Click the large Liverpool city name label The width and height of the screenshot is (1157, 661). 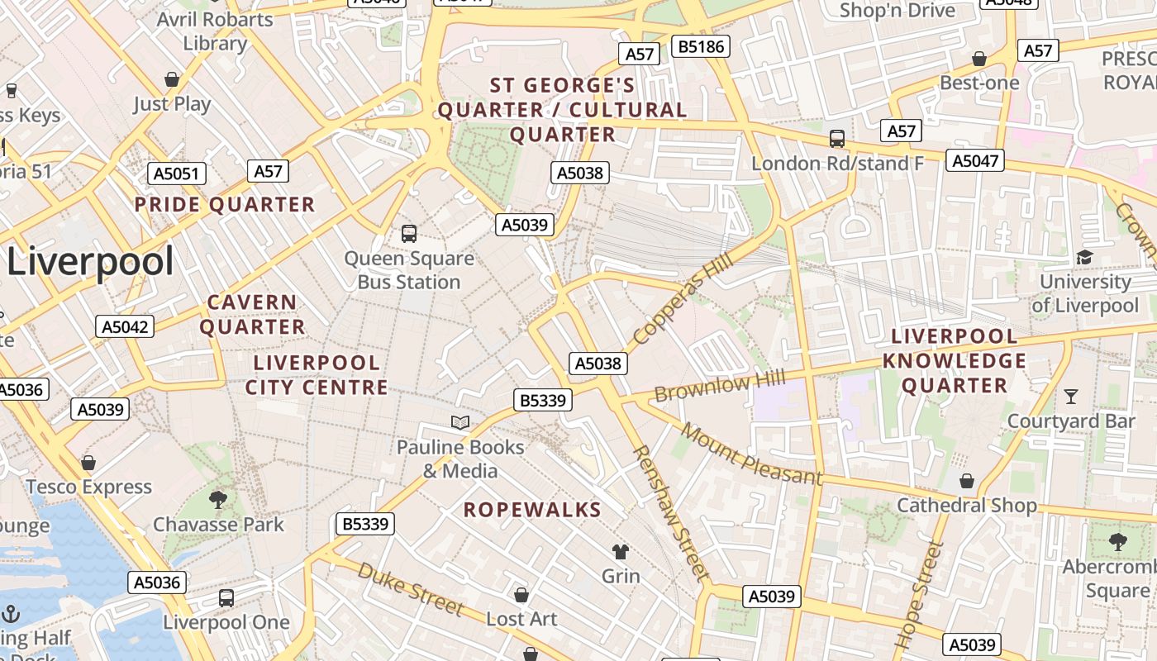pyautogui.click(x=90, y=262)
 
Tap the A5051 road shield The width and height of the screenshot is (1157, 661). pyautogui.click(x=177, y=174)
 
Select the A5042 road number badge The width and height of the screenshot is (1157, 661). pyautogui.click(x=125, y=326)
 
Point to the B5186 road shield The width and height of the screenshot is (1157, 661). pyautogui.click(x=701, y=47)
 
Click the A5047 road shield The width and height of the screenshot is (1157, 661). pyautogui.click(x=975, y=160)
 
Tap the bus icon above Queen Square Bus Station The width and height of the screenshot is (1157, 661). pyautogui.click(x=409, y=234)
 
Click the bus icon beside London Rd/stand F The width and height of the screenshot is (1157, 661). pyautogui.click(x=837, y=139)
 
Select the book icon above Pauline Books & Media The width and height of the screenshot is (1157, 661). pyautogui.click(x=460, y=423)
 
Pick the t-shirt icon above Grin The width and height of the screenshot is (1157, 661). pyautogui.click(x=620, y=552)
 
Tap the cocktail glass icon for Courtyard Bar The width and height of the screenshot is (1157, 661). pyautogui.click(x=1071, y=397)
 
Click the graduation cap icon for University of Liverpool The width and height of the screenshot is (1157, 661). pyautogui.click(x=1084, y=258)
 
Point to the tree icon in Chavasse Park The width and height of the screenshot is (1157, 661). pyautogui.click(x=218, y=499)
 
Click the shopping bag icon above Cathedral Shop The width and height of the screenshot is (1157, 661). pyautogui.click(x=966, y=481)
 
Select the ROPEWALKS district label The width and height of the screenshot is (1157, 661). pyautogui.click(x=532, y=510)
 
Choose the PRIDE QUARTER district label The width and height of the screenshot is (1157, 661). pyautogui.click(x=225, y=205)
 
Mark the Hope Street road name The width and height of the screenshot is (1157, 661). pyautogui.click(x=919, y=593)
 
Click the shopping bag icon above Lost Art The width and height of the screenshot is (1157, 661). pyautogui.click(x=521, y=595)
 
